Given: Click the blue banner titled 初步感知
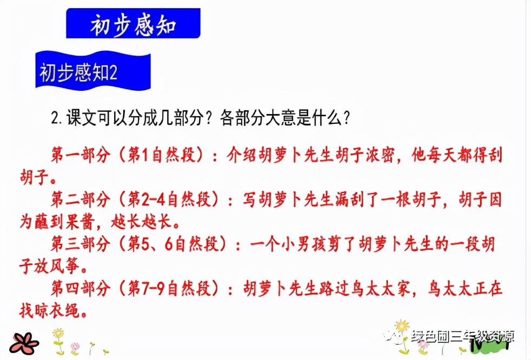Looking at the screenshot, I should (x=133, y=24).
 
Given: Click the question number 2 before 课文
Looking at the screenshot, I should (x=55, y=118).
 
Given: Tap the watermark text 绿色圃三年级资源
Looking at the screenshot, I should (x=462, y=336).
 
